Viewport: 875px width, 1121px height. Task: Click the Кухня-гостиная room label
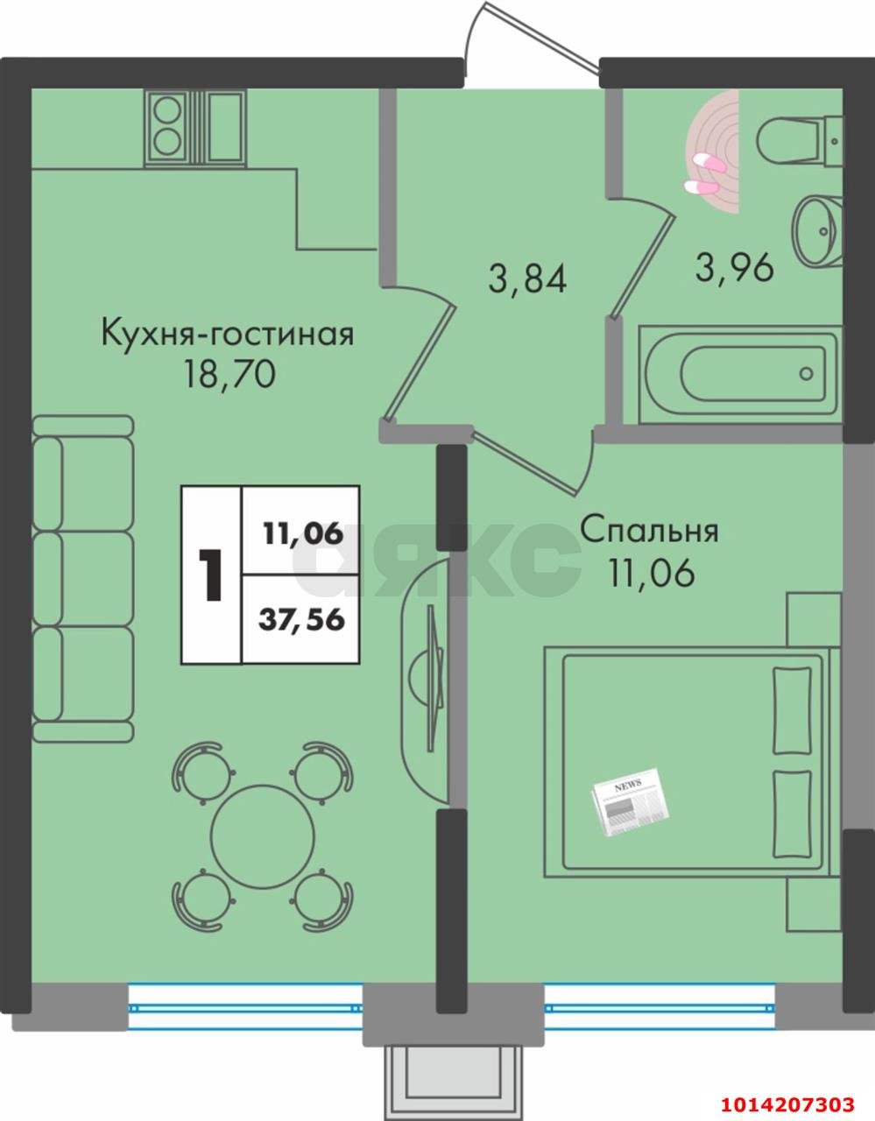(x=228, y=335)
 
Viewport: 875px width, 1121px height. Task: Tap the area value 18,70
(x=229, y=375)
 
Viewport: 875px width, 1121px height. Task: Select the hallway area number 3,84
(x=528, y=280)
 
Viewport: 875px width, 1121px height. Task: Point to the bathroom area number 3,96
(x=734, y=267)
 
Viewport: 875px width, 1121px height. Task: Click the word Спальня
(x=649, y=531)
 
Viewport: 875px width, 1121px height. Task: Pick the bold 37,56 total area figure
(x=301, y=620)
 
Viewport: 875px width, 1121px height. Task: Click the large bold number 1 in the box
(x=210, y=575)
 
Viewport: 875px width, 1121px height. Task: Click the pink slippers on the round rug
(x=705, y=173)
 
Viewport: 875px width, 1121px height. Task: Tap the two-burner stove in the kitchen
(x=167, y=126)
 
